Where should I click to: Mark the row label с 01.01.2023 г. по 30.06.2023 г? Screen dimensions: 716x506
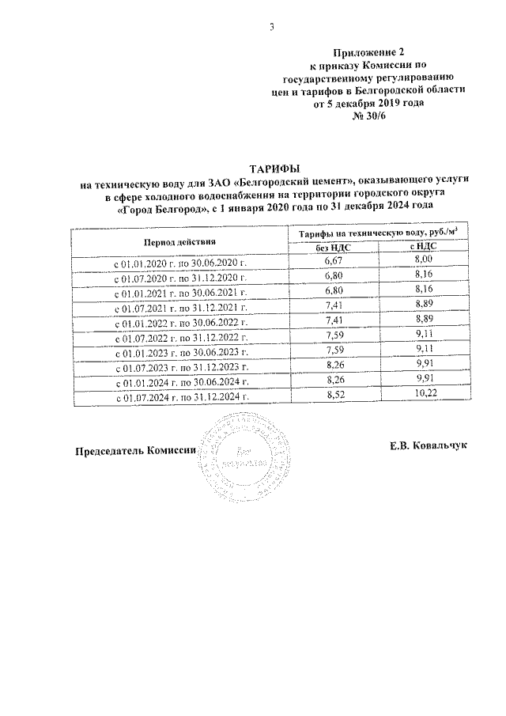(182, 354)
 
